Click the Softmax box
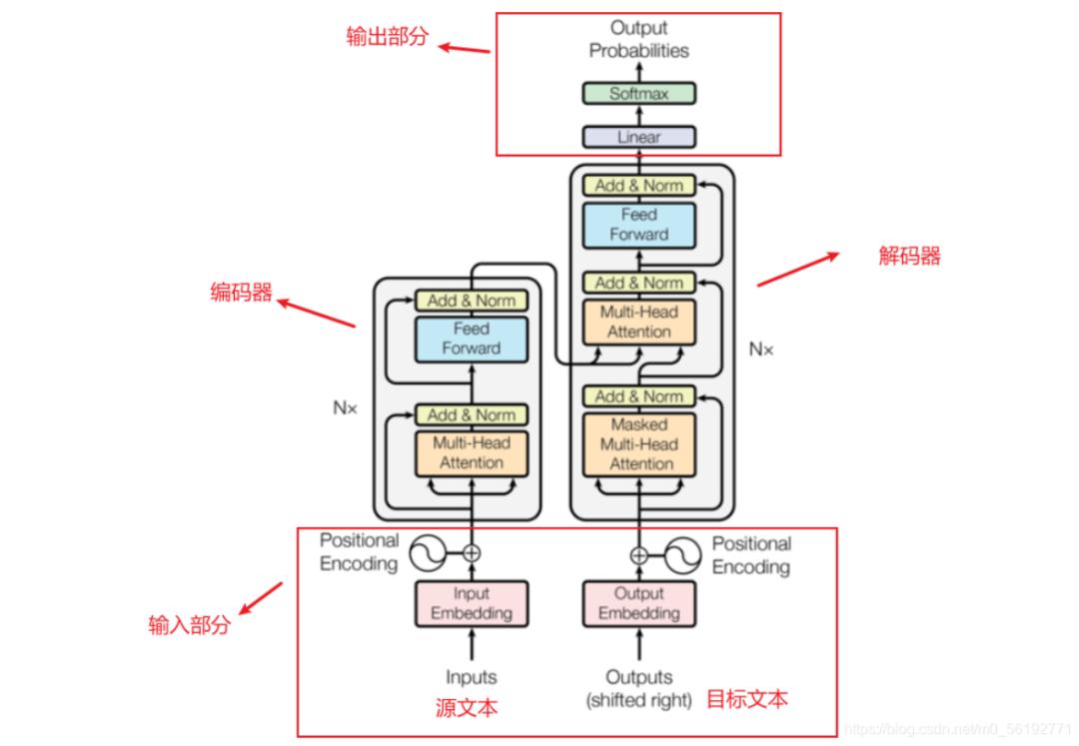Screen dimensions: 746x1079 (x=638, y=94)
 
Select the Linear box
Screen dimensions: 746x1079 (x=638, y=137)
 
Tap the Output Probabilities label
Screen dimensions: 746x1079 (x=638, y=39)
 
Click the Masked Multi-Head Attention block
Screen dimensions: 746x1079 (x=638, y=444)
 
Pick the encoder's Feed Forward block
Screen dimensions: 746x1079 (x=471, y=339)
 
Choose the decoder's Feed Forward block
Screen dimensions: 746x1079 (x=638, y=225)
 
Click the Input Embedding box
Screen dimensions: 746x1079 (x=471, y=603)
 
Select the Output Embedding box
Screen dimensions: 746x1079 (x=638, y=603)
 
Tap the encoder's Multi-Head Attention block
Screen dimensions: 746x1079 (x=471, y=453)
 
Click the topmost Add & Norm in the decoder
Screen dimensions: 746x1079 (x=638, y=186)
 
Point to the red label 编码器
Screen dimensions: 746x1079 (x=241, y=293)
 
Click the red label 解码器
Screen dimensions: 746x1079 (x=909, y=257)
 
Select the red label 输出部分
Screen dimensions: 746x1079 (x=387, y=38)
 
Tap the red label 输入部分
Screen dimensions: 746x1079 (x=189, y=626)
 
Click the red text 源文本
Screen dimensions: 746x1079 (x=467, y=708)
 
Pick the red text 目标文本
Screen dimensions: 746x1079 (x=746, y=698)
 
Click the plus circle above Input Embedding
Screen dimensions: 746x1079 (x=471, y=551)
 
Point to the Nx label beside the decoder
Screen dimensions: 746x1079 (x=760, y=350)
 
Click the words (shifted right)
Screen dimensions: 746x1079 (x=638, y=701)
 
